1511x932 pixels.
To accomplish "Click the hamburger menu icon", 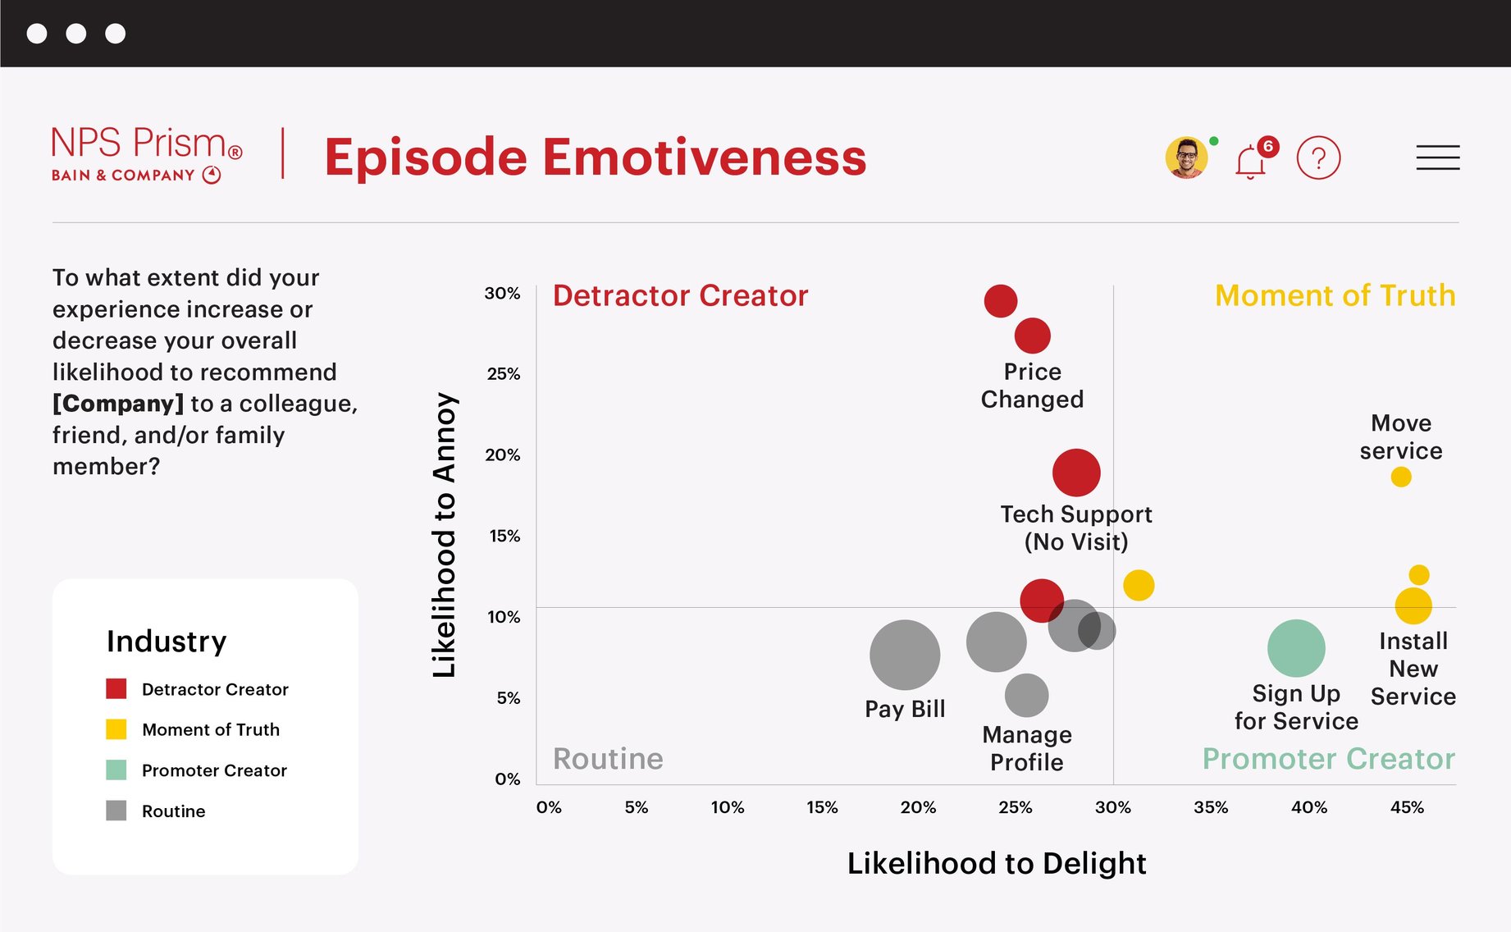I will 1437,158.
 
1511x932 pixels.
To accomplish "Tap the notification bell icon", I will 1250,161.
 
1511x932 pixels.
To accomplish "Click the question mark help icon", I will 1318,158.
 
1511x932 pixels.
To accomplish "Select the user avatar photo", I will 1186,158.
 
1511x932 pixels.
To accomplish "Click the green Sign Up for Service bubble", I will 1296,648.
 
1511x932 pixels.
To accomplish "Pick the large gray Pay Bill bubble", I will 904,655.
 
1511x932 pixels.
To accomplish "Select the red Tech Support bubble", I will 1075,473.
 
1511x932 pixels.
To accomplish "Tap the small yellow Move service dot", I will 1401,477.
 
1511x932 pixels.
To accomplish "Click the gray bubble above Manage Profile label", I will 1026,695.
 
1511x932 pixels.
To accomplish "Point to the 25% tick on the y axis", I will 504,374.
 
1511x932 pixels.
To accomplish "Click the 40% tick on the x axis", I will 1308,807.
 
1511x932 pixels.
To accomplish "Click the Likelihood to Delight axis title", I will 996,863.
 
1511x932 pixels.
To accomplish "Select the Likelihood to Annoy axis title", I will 444,535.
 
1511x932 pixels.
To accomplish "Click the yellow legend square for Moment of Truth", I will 116,729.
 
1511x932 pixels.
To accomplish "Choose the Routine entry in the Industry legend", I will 173,811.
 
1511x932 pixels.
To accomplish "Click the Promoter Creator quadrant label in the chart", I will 1328,759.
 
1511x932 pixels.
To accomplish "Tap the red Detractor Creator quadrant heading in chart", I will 680,295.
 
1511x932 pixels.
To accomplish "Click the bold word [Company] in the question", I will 118,404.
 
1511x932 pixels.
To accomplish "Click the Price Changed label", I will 1032,386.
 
